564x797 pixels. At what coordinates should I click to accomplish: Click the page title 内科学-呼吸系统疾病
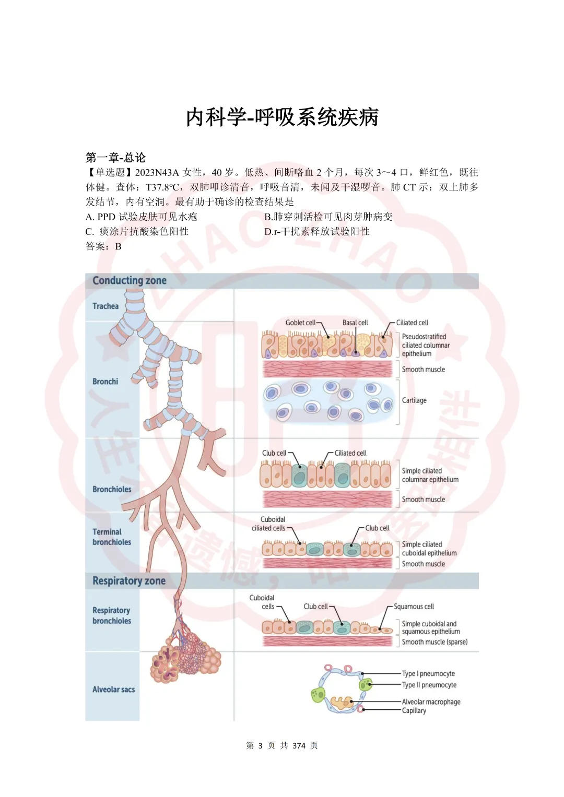282,117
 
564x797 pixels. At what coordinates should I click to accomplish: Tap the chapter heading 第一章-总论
115,158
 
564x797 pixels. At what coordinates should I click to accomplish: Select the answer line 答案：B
103,246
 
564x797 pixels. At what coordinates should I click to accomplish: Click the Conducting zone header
130,281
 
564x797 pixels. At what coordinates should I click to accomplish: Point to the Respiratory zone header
129,581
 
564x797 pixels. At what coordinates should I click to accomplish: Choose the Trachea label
105,306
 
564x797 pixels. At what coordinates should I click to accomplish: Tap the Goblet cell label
300,323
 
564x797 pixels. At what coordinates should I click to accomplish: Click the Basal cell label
355,323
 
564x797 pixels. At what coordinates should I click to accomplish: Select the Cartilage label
414,400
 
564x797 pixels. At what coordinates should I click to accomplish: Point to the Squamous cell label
414,606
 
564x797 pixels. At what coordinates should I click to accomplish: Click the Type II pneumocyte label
429,685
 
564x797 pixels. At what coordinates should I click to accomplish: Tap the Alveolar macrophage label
431,702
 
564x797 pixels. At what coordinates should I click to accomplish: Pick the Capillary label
414,710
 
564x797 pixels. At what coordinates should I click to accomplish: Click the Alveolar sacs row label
113,689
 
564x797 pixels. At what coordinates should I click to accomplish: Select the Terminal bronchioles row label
112,537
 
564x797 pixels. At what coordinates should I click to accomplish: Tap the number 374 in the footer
299,745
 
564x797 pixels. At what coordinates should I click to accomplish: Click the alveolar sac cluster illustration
185,658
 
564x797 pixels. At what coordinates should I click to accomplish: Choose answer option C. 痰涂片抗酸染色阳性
137,231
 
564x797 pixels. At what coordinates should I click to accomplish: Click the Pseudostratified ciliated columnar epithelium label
426,345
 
